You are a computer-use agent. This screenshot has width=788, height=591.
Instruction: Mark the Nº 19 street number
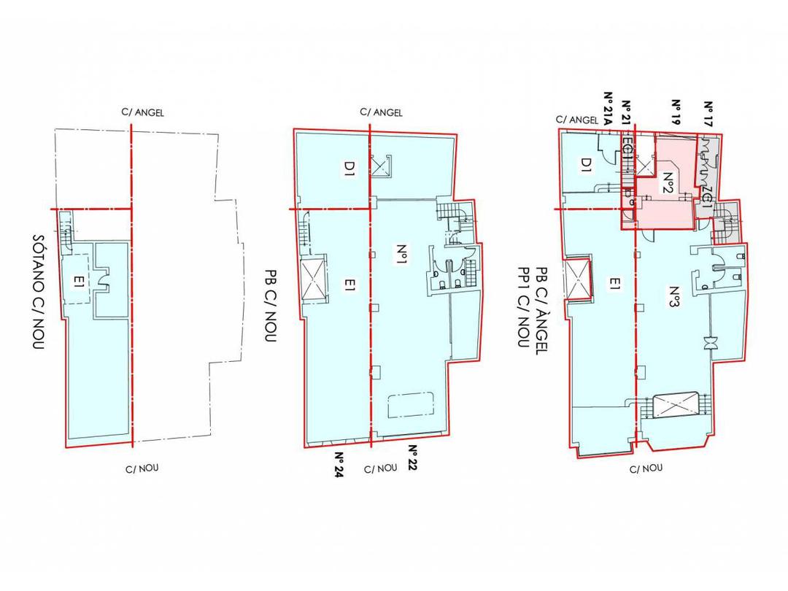pyautogui.click(x=676, y=113)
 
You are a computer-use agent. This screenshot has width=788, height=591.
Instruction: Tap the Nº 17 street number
pyautogui.click(x=707, y=113)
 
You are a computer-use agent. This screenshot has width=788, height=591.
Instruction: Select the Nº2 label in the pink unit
pyautogui.click(x=667, y=179)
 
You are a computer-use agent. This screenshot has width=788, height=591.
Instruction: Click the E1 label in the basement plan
pyautogui.click(x=75, y=278)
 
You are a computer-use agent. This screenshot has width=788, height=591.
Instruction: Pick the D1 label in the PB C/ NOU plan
pyautogui.click(x=349, y=174)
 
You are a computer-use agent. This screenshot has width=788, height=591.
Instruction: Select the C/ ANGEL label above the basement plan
pyautogui.click(x=142, y=113)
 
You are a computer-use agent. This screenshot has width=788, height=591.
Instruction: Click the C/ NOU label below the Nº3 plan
pyautogui.click(x=645, y=469)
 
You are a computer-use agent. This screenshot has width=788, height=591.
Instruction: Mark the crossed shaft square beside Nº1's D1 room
pyautogui.click(x=382, y=167)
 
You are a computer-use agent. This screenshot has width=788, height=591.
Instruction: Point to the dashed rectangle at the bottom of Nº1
pyautogui.click(x=413, y=405)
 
